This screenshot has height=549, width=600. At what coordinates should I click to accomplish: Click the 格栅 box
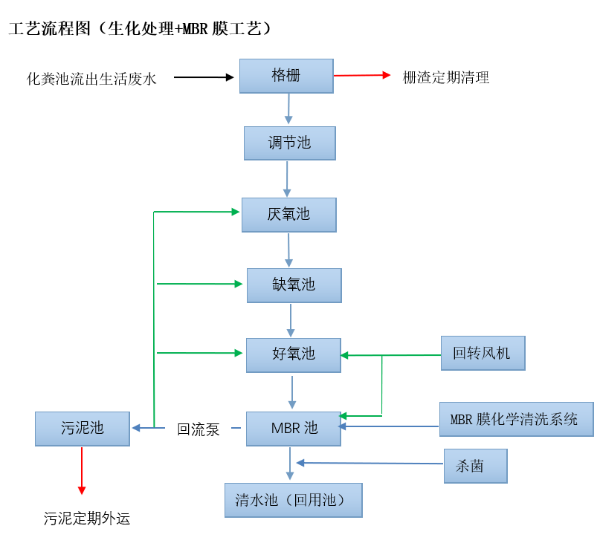(286, 76)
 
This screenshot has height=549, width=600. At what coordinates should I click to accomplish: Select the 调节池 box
(290, 143)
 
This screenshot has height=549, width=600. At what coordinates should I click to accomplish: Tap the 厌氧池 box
(289, 215)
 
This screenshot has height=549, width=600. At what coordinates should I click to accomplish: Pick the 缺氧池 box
(294, 285)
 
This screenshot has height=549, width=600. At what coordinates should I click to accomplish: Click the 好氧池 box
(294, 354)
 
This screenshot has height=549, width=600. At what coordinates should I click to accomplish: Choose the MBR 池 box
(294, 428)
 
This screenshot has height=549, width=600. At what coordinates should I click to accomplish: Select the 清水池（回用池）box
(293, 500)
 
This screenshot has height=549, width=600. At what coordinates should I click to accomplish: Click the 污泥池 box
(82, 428)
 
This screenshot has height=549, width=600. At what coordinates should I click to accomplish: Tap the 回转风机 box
(483, 353)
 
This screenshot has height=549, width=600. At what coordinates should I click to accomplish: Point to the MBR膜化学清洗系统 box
(516, 419)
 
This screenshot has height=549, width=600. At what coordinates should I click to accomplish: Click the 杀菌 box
(475, 466)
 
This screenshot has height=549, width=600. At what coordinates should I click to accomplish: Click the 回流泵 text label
(199, 429)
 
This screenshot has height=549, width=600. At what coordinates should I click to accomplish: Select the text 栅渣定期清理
(446, 77)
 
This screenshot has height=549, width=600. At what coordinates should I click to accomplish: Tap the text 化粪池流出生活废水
(91, 78)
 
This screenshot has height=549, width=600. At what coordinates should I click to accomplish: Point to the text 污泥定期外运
(87, 519)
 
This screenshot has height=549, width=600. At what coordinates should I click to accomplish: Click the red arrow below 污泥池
(82, 470)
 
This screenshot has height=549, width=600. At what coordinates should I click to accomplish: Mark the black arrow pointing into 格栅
(204, 77)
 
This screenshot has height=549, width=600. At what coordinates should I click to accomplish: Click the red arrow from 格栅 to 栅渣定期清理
(361, 75)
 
